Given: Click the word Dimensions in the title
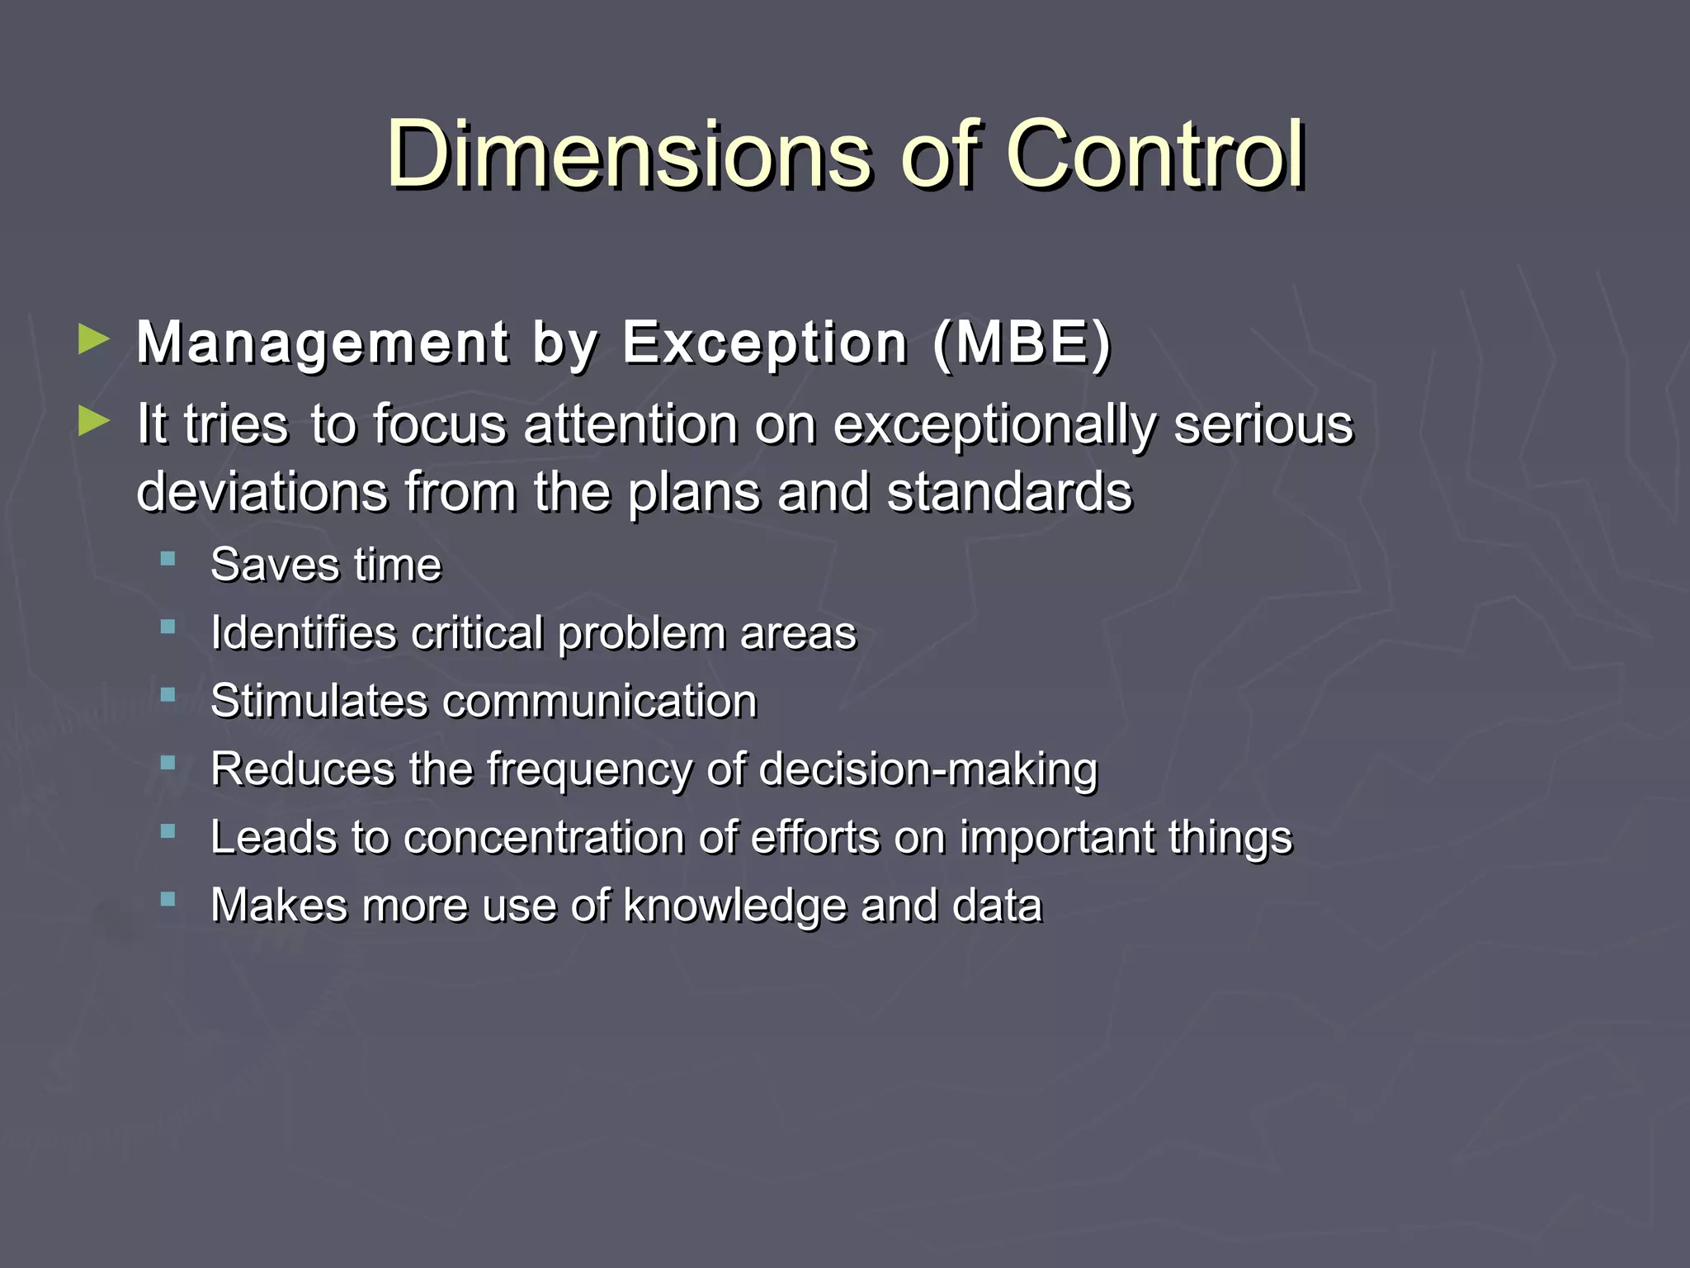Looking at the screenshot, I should tap(629, 154).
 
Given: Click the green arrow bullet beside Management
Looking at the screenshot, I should tap(93, 339).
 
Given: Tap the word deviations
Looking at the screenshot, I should tap(262, 492).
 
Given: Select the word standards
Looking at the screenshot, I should tap(1008, 492).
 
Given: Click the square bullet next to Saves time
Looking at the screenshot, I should tap(168, 560).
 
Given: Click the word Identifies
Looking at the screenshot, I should tap(304, 634).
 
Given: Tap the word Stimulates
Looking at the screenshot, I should tap(319, 702).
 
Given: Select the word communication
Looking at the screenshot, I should tap(600, 702).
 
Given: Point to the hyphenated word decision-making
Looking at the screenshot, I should tap(928, 770).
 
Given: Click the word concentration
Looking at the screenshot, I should tap(545, 838).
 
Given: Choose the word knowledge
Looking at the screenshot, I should tap(734, 906).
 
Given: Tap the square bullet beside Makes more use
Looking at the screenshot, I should tap(168, 899).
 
